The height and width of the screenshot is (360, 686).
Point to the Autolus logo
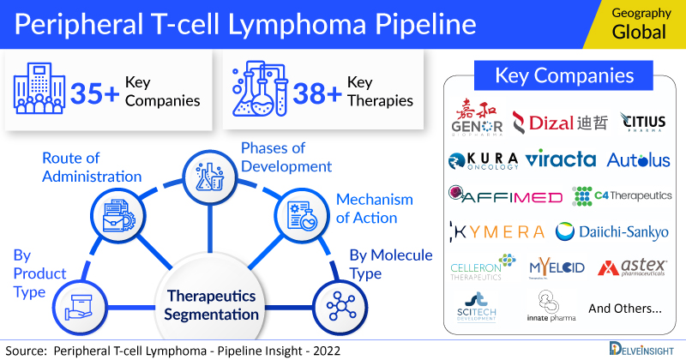coord(638,160)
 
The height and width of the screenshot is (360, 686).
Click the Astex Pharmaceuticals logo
coord(635,268)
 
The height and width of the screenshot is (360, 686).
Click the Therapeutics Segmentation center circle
coord(211,303)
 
